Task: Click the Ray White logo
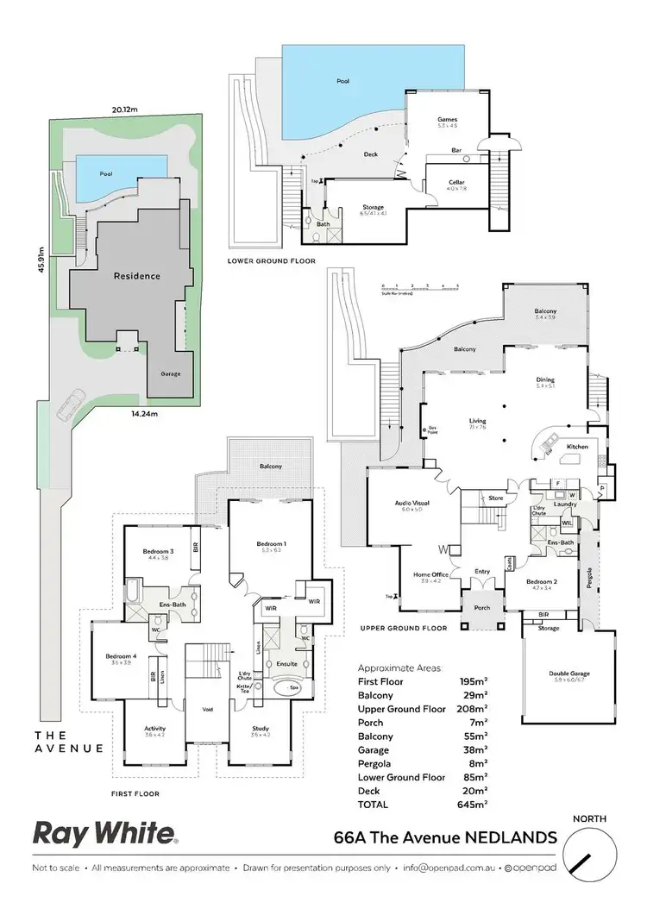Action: pos(105,832)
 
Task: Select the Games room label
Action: pos(447,120)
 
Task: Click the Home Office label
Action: pos(429,574)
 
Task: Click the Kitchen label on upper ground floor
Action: pos(577,448)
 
